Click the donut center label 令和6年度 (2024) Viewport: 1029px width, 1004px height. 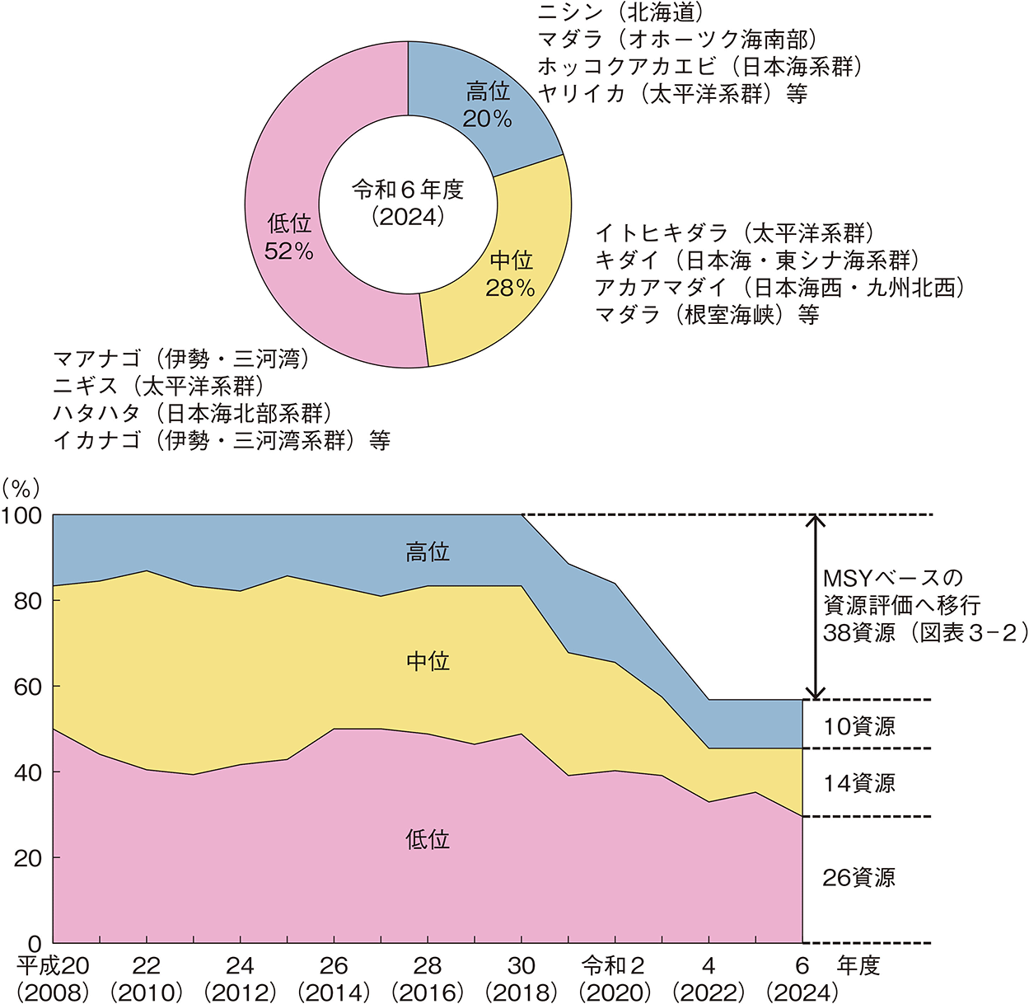(408, 203)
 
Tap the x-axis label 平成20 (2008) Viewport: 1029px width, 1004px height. (54, 978)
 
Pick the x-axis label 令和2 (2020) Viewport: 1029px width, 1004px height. (615, 978)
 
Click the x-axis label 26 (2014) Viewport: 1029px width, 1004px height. (334, 978)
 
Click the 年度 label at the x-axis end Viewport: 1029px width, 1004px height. (858, 966)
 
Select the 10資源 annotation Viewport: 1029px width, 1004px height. (859, 726)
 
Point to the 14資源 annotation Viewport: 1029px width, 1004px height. (859, 783)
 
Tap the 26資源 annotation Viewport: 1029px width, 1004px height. (859, 878)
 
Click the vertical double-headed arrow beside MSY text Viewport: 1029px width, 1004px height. (815, 608)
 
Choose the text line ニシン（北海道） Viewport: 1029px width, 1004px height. (622, 12)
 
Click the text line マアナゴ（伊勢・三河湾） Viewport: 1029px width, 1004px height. (181, 359)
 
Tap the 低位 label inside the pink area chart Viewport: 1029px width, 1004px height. (428, 839)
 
